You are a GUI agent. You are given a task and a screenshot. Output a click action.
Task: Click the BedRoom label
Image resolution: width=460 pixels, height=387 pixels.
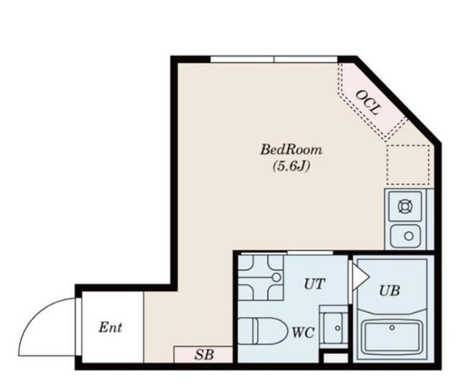tap(291, 150)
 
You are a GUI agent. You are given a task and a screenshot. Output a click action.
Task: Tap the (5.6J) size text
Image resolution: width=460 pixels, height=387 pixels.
tap(291, 167)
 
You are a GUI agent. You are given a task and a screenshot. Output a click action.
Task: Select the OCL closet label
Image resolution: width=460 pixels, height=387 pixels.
tap(368, 102)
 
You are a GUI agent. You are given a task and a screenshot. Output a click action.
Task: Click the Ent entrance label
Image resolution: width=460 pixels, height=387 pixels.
tap(110, 327)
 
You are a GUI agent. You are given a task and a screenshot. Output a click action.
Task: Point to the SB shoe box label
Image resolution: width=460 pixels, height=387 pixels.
tap(204, 355)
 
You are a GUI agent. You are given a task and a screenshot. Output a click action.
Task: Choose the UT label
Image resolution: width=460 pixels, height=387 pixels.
tap(314, 284)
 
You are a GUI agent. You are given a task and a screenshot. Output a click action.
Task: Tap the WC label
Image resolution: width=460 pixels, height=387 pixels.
tap(303, 333)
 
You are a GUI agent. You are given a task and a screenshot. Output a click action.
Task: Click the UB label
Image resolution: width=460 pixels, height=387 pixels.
tap(390, 291)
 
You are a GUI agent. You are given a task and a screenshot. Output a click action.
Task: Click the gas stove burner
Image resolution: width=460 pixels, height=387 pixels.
tap(405, 207)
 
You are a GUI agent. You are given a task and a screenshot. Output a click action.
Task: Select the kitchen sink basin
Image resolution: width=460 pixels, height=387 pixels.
tap(405, 236)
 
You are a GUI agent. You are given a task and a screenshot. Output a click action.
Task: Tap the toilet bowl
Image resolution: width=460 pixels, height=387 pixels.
tap(262, 331)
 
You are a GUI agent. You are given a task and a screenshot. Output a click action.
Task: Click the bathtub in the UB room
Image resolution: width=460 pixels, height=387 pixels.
tap(392, 337)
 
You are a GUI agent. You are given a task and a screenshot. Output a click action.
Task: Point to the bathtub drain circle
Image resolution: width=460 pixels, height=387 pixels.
tap(392, 327)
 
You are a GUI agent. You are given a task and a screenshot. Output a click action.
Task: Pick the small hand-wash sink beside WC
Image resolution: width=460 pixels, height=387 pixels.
tap(333, 328)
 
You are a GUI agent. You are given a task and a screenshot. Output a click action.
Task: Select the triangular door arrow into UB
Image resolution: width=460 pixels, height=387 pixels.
tap(359, 277)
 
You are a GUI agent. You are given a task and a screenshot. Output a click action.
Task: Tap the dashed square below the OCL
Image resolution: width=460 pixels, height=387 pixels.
tap(408, 164)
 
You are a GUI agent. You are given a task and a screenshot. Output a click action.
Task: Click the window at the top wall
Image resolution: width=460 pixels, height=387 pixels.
tap(274, 59)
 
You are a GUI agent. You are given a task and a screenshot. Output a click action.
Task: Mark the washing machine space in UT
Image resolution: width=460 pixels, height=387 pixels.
tap(260, 277)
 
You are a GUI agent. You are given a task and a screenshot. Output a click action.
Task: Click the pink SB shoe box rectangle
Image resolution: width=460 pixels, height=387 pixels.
tap(203, 355)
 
